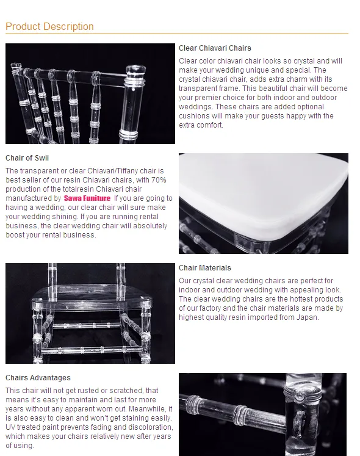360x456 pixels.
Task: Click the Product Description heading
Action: (49, 26)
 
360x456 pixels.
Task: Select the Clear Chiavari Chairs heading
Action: (215, 48)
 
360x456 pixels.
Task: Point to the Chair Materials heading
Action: (205, 267)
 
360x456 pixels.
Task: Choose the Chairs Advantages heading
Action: (38, 377)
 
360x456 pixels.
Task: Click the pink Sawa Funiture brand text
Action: (87, 198)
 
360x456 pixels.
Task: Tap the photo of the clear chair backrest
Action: (90, 93)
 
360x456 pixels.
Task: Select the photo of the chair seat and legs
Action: (90, 313)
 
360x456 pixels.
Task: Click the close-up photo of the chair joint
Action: (262, 414)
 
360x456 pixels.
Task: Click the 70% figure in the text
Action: (159, 180)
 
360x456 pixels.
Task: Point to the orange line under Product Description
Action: (177, 34)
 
